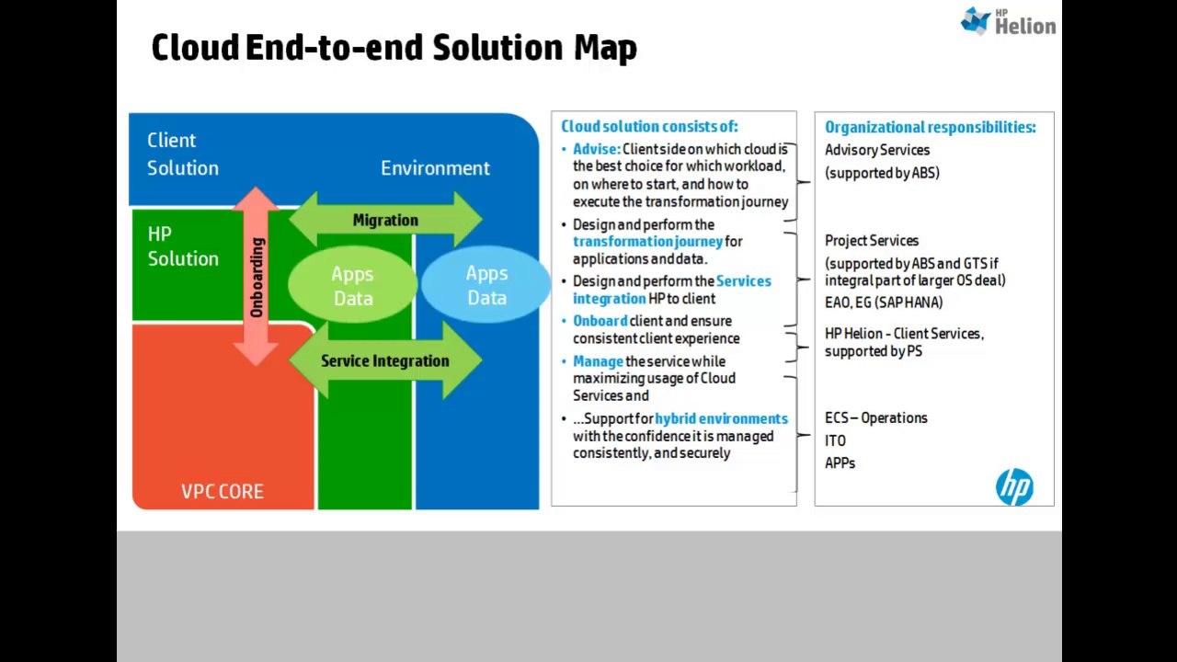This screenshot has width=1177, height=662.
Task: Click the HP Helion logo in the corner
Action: (x=1008, y=21)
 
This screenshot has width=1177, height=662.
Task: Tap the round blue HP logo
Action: (x=1014, y=487)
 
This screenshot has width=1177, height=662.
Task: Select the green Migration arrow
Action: (x=385, y=221)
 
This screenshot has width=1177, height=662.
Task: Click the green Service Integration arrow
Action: (x=385, y=360)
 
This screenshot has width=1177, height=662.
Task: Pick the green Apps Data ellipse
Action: (x=352, y=286)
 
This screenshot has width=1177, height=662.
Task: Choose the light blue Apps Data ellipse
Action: (x=486, y=285)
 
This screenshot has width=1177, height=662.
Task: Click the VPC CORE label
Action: (x=222, y=491)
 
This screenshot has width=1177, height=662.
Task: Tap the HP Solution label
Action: (x=183, y=246)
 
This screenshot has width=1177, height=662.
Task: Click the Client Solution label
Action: (x=182, y=154)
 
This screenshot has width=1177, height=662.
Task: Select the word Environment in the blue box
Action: (x=435, y=168)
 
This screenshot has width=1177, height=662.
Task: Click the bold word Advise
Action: (x=596, y=149)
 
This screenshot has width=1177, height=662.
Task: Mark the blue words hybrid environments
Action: (x=721, y=418)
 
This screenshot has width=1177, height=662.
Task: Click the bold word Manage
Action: (x=598, y=361)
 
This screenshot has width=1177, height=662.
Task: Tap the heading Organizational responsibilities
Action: (x=930, y=127)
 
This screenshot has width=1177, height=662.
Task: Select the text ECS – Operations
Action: (x=875, y=417)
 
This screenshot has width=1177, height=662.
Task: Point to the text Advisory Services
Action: (x=876, y=150)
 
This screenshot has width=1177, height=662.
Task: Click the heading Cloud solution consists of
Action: (x=649, y=127)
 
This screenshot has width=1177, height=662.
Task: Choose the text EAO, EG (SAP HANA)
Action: (x=883, y=302)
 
